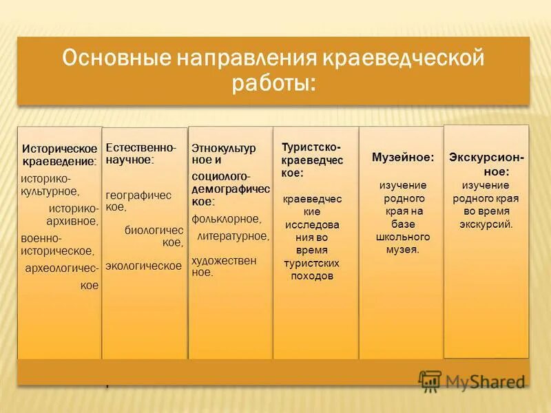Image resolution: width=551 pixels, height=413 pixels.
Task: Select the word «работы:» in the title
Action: point(273,84)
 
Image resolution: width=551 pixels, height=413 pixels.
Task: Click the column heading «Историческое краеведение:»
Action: point(59,155)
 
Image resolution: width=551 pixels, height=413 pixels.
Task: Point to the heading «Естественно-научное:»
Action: point(141,153)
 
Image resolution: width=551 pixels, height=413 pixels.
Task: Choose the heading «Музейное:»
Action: point(403,158)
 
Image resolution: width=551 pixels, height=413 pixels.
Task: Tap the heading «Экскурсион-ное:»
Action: point(486,164)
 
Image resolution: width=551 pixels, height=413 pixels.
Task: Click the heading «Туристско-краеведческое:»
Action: point(311,159)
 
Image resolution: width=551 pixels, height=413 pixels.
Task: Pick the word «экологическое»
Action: point(143,265)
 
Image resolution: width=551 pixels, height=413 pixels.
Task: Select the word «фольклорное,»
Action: point(227,219)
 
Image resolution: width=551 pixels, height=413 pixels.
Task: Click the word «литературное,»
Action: point(233,236)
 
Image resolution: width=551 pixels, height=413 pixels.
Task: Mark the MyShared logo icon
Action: point(430,380)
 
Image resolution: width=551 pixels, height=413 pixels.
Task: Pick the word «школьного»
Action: point(403,237)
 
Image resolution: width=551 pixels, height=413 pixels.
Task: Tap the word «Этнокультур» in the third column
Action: point(223,148)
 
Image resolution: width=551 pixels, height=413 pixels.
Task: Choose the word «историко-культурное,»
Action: point(50,184)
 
